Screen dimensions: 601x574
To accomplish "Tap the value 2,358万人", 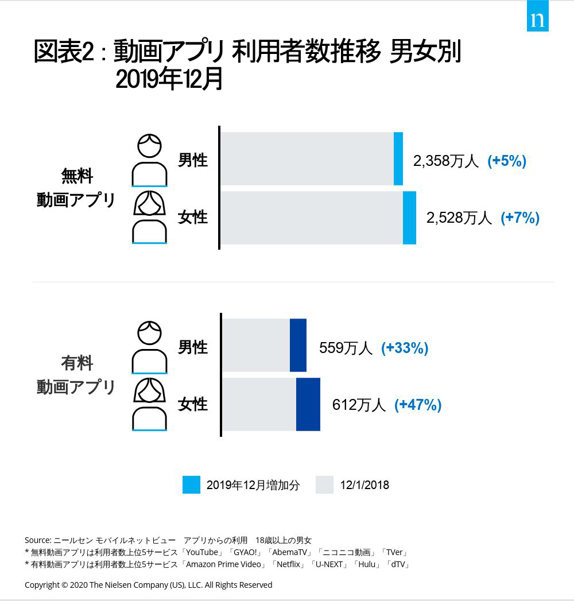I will click(445, 161).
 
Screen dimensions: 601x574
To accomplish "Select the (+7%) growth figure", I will click(520, 218).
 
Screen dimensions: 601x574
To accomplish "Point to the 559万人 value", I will click(346, 348).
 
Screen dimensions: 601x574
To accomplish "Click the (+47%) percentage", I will click(418, 405).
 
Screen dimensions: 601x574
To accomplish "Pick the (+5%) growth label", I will click(507, 161).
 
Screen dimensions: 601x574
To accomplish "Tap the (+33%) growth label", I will click(405, 348).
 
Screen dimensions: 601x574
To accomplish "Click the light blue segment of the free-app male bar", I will click(398, 159).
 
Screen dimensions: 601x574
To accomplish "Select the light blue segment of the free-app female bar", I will click(409, 218).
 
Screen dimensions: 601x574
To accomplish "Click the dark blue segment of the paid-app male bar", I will click(298, 346).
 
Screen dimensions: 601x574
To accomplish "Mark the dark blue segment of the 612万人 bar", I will click(308, 404).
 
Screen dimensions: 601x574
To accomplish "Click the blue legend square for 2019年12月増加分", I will click(191, 484).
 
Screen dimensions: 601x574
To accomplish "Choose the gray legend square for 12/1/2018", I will click(324, 484).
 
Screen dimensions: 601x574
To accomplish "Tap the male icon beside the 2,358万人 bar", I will click(149, 160).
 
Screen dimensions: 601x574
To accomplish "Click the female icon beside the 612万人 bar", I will click(149, 404).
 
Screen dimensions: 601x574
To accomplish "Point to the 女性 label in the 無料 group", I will click(192, 218).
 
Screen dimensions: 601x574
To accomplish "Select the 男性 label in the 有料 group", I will click(192, 347).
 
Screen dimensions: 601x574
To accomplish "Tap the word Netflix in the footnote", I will click(289, 564).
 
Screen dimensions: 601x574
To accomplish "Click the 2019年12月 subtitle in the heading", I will click(169, 80).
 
